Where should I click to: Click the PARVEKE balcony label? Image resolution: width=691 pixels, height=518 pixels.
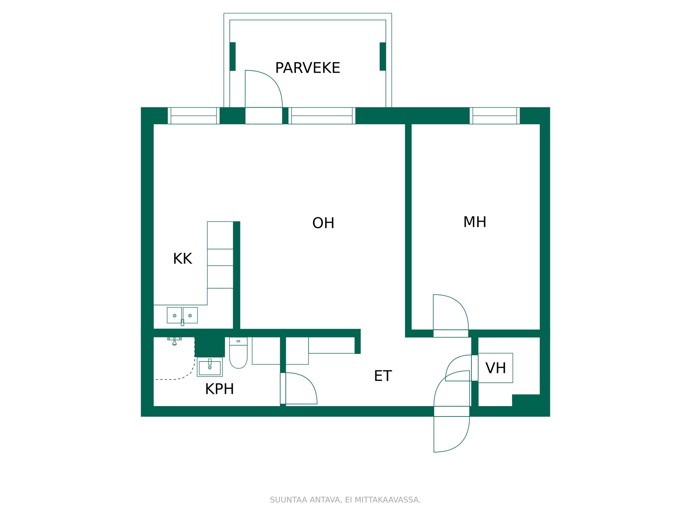pyautogui.click(x=307, y=68)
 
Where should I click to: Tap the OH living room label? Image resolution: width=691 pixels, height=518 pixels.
pyautogui.click(x=323, y=223)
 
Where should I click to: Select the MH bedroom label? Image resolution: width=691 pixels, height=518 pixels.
pyautogui.click(x=475, y=222)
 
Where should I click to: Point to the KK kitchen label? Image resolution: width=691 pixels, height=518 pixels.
pyautogui.click(x=182, y=259)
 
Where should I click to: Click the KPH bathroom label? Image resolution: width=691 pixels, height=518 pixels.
pyautogui.click(x=220, y=389)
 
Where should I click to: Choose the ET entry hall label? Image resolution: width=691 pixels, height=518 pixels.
pyautogui.click(x=383, y=376)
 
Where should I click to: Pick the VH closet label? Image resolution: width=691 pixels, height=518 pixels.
pyautogui.click(x=496, y=368)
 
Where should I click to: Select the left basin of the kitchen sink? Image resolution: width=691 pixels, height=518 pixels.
pyautogui.click(x=174, y=315)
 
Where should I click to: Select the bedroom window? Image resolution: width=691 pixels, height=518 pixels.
pyautogui.click(x=494, y=115)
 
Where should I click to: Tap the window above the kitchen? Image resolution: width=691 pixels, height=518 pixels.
pyautogui.click(x=194, y=115)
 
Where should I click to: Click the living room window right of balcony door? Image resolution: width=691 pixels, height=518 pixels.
pyautogui.click(x=322, y=115)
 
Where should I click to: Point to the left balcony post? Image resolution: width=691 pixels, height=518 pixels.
pyautogui.click(x=233, y=56)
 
